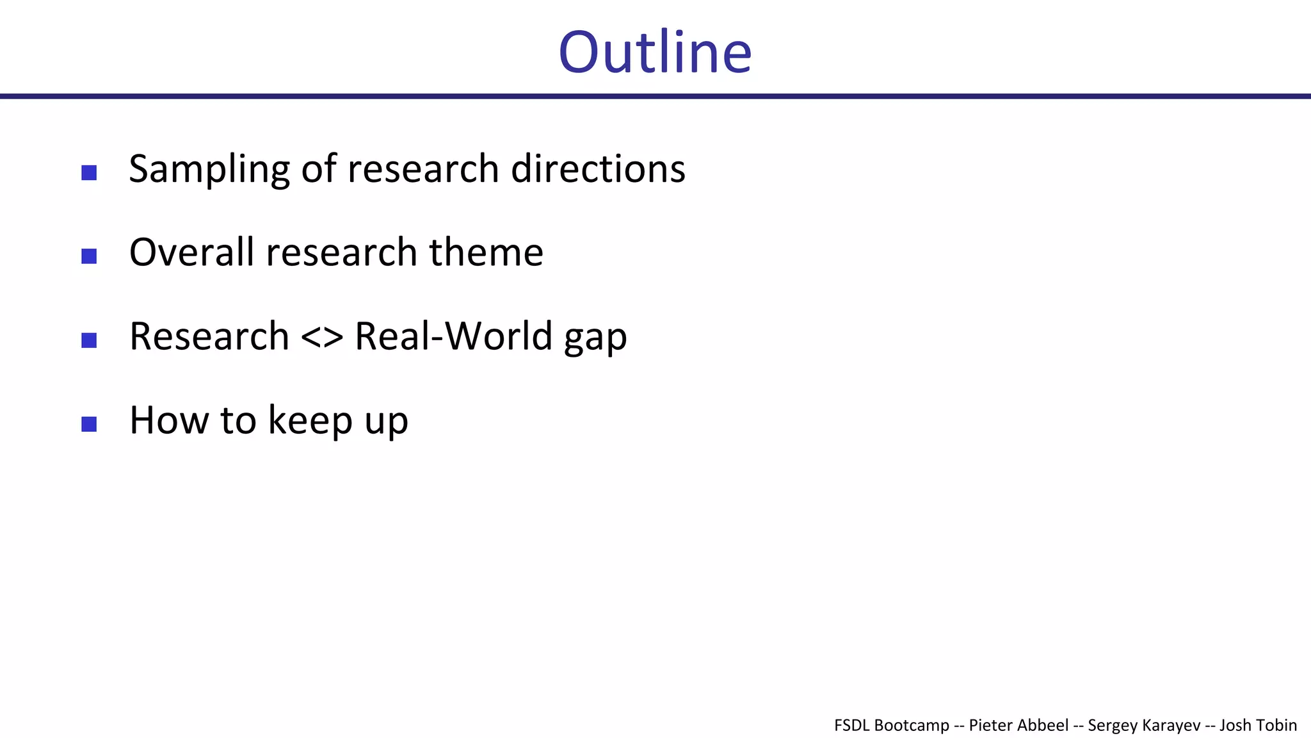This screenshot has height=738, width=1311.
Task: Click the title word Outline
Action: click(655, 53)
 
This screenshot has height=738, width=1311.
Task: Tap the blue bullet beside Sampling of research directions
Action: click(89, 172)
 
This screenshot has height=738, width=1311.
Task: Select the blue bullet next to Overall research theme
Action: click(89, 256)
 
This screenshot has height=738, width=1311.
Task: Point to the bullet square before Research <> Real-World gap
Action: click(89, 340)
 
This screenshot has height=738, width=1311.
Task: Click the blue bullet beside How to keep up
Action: click(89, 424)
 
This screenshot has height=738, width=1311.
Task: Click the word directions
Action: click(598, 168)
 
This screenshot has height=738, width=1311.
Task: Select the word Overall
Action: click(191, 252)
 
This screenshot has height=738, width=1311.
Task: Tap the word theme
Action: click(486, 252)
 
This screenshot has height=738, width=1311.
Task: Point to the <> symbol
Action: click(321, 337)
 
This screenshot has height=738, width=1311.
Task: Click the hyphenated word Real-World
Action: click(453, 336)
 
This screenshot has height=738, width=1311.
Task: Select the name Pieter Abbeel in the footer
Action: click(1018, 725)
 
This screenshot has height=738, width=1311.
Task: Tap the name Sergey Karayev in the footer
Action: click(1144, 725)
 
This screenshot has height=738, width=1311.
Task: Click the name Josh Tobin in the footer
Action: click(1258, 725)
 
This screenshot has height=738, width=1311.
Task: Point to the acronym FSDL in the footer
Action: click(852, 725)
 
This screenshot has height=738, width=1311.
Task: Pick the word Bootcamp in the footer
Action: click(912, 725)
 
